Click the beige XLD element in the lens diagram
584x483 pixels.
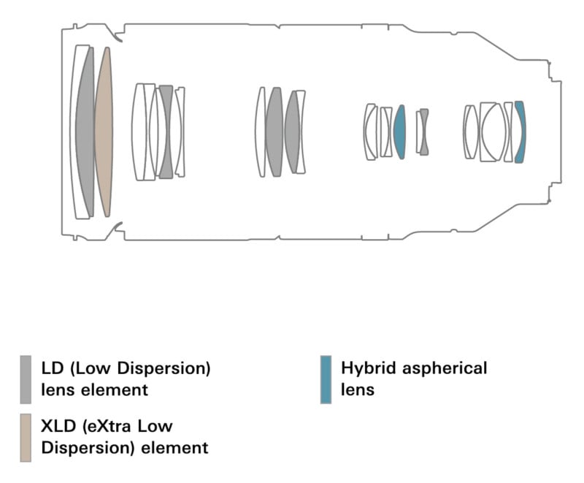(x=104, y=132)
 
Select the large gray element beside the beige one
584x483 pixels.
(x=85, y=132)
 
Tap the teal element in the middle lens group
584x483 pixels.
(x=399, y=132)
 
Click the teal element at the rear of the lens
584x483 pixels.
(x=520, y=132)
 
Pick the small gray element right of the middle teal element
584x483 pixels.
(x=423, y=132)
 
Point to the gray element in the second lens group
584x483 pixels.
(x=166, y=132)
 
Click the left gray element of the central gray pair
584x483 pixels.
(x=274, y=132)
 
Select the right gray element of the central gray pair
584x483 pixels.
(x=293, y=132)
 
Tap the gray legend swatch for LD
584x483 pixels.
(x=26, y=379)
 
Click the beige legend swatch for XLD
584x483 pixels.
(x=26, y=437)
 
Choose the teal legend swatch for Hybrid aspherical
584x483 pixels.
(x=326, y=379)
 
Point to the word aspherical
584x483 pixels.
(x=445, y=368)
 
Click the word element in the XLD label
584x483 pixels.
(x=176, y=447)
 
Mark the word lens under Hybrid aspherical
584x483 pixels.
(x=358, y=389)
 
